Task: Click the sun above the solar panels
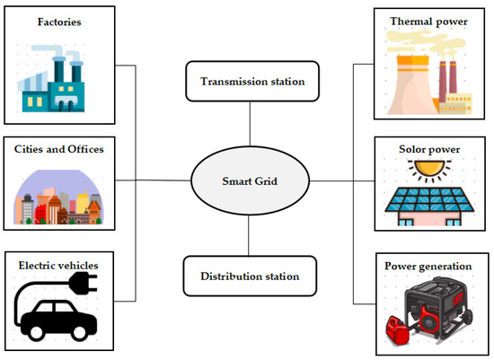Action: [x=421, y=169]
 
